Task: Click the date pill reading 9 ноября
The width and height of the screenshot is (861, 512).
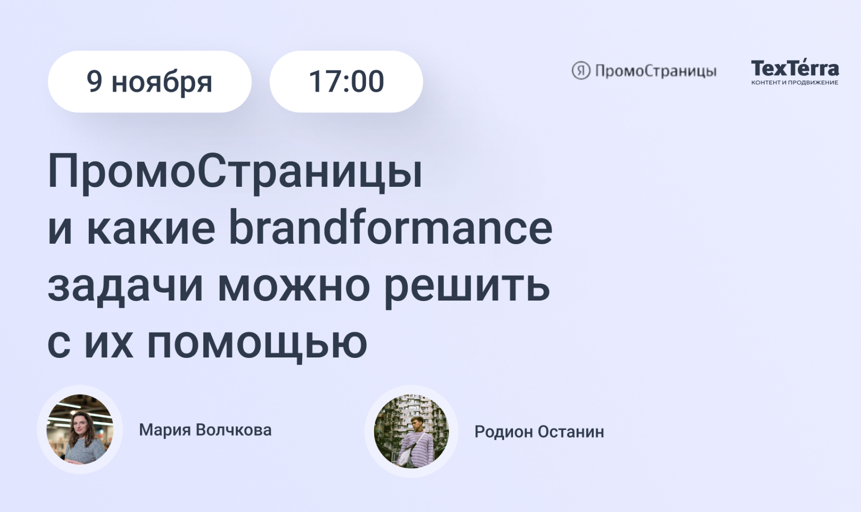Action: point(149,82)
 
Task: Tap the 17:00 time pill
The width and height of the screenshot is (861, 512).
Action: point(346,82)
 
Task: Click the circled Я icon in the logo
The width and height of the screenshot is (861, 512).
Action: point(581,71)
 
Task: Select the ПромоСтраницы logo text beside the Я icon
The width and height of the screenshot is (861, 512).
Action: point(656,71)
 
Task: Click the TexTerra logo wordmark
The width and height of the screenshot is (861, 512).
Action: point(795,68)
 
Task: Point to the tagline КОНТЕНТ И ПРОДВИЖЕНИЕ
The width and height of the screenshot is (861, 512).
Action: point(795,82)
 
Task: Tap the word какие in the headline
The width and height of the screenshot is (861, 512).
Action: point(151,229)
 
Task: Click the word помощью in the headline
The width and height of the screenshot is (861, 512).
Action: point(257,344)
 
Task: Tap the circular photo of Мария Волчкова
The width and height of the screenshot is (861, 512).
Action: point(80,429)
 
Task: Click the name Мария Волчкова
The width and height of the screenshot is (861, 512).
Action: point(205,430)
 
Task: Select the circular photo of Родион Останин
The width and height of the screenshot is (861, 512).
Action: point(411,431)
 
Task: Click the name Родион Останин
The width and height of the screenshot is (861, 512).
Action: point(539,432)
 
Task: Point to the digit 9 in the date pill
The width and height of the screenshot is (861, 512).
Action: point(94,81)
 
